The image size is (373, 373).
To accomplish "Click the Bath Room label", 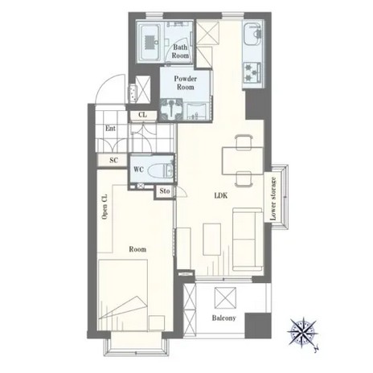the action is pos(180,51).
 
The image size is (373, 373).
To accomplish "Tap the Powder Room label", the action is pos(186,83).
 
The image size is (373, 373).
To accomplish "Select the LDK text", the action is pos(221,195).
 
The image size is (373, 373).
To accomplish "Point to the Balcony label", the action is pos(224,318).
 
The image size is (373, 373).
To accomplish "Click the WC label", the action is pos(138,170).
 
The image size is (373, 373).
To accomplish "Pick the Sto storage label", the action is pos(165,191).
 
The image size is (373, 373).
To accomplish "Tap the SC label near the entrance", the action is pos(113,160).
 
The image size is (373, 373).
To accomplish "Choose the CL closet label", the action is pos(143,115).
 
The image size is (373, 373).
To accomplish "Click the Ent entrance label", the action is pos(110,129).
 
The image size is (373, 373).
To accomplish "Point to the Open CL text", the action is pos(105,207).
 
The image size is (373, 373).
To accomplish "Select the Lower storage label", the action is pos(273,199).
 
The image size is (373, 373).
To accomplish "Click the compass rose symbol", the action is pos(303,333).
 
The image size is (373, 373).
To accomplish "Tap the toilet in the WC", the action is pos(160,170).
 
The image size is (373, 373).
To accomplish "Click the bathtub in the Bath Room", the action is pos(150,42).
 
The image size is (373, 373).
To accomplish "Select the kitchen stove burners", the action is pos(252,72).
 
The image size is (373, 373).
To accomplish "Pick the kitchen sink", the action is pos(252,35).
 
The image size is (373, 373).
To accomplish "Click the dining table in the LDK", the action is pos(243,161).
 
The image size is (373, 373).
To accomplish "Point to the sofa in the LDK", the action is pos(248,240).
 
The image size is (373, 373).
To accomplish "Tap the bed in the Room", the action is pos(123,295).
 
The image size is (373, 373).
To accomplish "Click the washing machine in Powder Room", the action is pos(171,109).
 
